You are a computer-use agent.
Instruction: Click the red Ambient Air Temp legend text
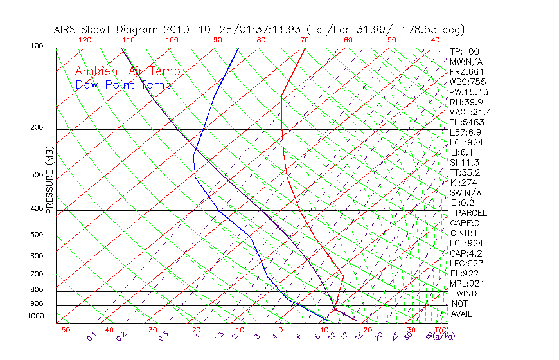(127, 71)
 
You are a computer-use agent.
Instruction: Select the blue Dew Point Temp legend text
(123, 85)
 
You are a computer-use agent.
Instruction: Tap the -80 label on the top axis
(258, 40)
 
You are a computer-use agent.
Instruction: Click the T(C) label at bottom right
(440, 330)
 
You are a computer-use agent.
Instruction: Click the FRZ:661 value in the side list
(466, 71)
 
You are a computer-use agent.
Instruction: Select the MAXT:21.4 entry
(470, 113)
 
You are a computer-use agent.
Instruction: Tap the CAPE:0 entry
(465, 223)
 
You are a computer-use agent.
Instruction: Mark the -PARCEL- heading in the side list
(471, 213)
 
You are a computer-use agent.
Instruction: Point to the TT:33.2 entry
(465, 172)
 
